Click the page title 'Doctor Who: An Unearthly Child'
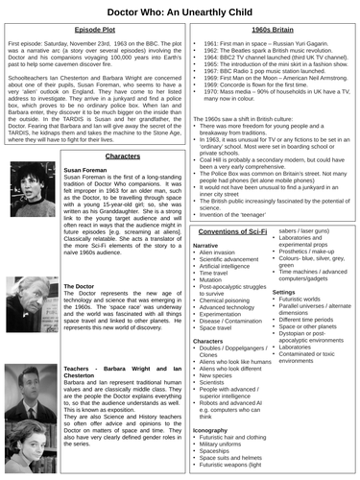(x=180, y=11)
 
